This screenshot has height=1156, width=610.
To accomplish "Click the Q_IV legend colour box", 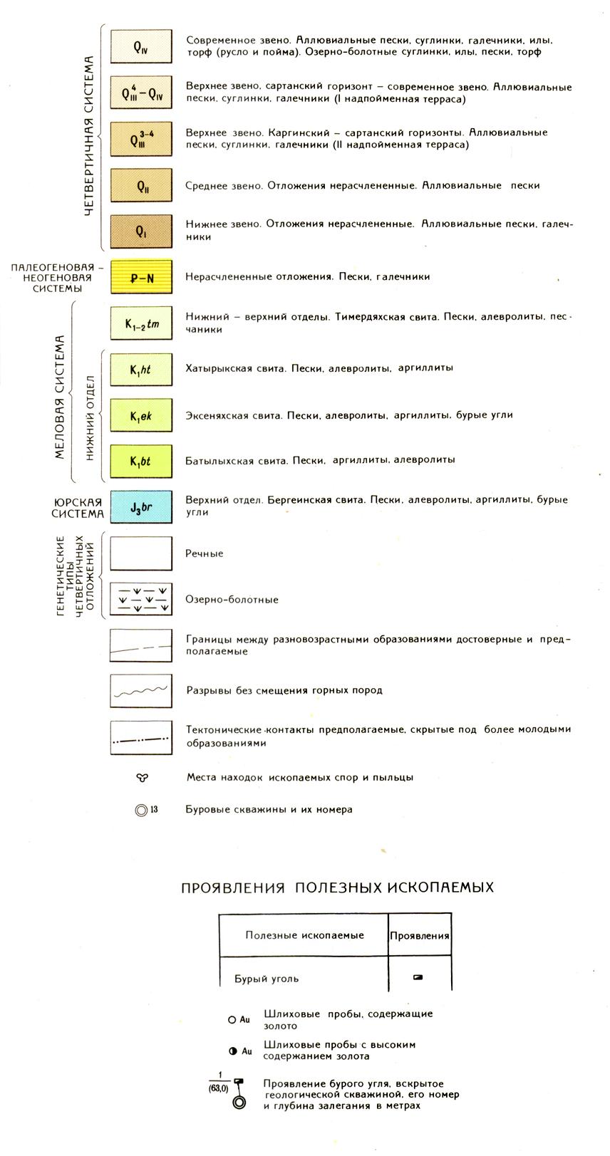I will pos(141,48).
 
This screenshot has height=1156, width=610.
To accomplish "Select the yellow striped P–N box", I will pos(141,277).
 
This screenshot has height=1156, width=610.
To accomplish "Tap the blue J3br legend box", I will pos(141,507).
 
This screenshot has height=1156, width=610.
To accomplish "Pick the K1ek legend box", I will pos(141,415).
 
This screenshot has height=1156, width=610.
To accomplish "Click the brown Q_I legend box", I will pos(141,231).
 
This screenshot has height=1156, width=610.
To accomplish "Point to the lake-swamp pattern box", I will pos(141,600).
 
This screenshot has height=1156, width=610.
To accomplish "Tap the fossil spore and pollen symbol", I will pos(141,778).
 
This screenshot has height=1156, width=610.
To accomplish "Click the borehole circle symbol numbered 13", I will pos(141,810).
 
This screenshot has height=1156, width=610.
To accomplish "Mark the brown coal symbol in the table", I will pos(418,977).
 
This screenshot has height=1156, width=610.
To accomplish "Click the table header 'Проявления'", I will pos(420,936).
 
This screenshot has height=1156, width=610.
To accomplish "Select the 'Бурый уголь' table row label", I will pos(267,979).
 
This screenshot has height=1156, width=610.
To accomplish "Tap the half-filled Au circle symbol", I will pos(232,1051).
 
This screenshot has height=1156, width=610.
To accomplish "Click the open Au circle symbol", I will pos(232,1020).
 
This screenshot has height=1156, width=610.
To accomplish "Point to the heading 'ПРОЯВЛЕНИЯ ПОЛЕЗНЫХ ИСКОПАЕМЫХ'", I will pos(337,887).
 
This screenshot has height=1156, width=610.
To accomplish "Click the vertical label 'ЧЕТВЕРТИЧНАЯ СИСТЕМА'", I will pos(89,135).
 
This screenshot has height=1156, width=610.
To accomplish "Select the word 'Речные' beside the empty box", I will pos(205,553).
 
